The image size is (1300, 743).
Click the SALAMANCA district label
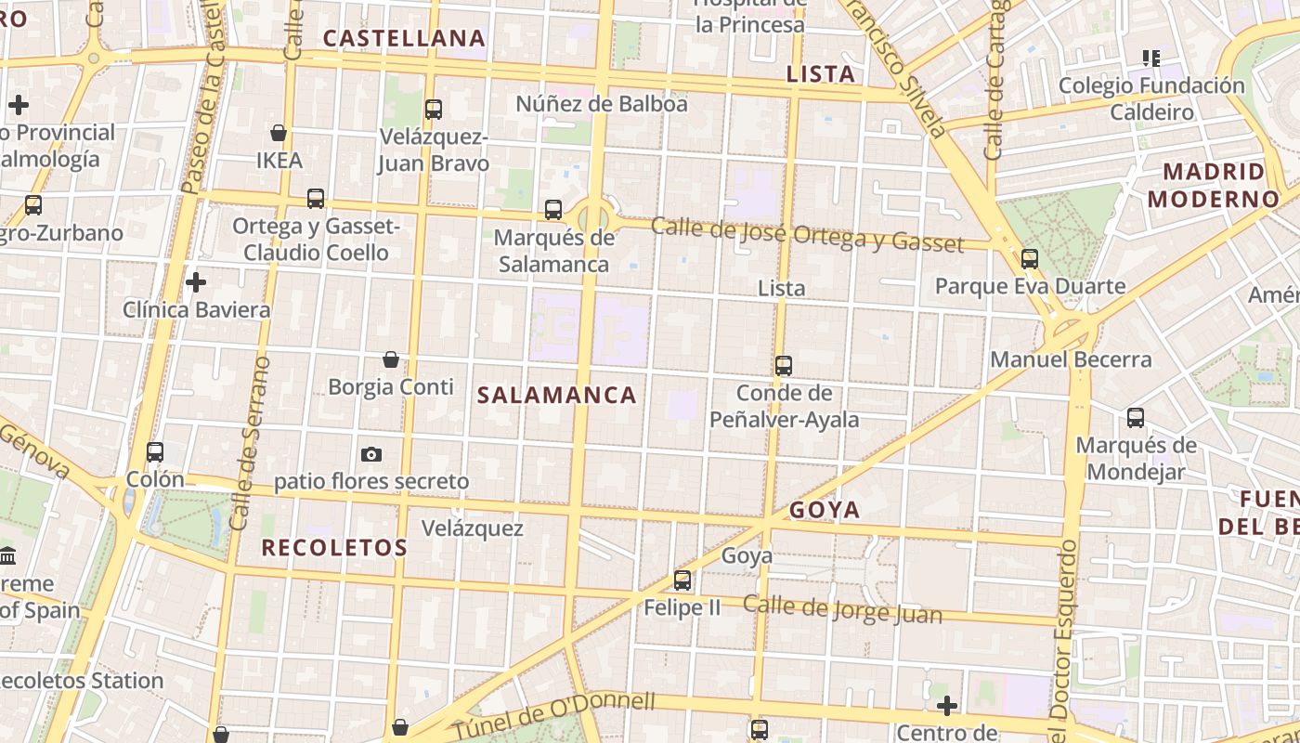557,395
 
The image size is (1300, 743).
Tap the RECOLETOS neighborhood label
334,548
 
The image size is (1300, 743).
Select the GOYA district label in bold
825,510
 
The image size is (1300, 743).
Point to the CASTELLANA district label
404,38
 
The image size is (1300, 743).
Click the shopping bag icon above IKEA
279,133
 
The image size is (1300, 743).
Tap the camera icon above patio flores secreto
371,454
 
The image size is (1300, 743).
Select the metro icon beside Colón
155,452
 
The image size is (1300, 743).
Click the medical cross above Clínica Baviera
196,282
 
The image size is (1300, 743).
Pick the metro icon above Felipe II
682,580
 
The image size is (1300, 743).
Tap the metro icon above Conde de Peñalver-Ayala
784,366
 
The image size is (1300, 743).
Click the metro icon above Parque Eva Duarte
1029,259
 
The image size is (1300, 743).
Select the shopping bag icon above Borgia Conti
391,359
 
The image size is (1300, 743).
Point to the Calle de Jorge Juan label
842,610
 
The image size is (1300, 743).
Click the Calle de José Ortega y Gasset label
807,234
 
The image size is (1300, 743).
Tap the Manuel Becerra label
1071,359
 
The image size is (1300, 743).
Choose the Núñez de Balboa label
602,104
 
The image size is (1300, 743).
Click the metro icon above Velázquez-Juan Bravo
433,110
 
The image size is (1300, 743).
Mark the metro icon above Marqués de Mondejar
1135,418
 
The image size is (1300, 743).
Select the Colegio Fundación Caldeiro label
1151,98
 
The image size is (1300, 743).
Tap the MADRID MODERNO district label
1214,185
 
